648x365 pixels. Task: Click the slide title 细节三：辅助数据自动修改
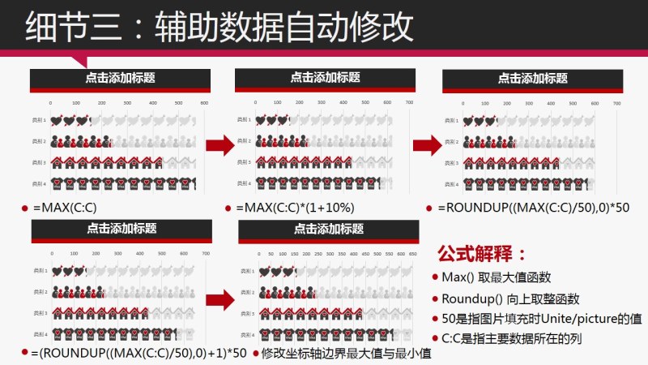(x=219, y=26)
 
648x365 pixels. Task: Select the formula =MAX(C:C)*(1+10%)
(x=295, y=208)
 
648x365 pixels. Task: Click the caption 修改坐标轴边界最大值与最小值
(x=345, y=353)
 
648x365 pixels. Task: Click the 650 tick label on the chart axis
(x=414, y=254)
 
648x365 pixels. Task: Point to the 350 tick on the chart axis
(x=340, y=254)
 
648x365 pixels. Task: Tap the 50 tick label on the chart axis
(x=271, y=254)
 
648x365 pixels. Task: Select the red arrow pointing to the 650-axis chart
(x=220, y=297)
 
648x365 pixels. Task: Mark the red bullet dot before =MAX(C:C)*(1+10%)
(x=229, y=208)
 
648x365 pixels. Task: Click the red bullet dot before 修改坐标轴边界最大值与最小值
(x=255, y=354)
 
